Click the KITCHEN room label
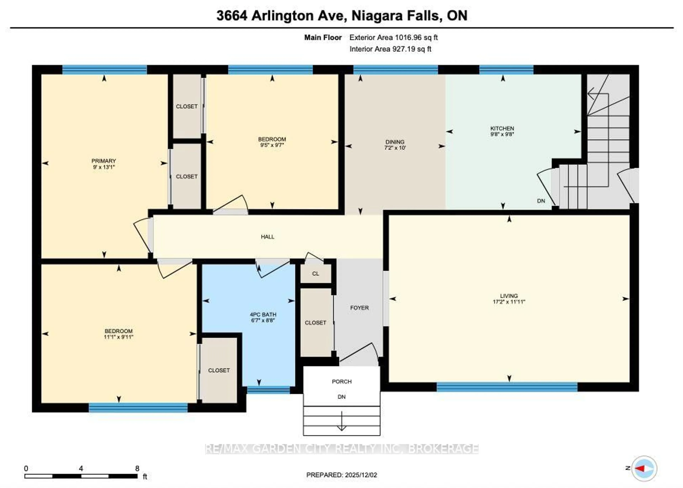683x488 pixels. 502,128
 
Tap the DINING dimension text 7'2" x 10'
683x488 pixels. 395,148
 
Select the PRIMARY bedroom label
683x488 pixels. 104,161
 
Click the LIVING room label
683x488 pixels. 509,296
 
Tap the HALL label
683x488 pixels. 268,237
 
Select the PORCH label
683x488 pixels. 342,381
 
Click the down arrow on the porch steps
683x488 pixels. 342,424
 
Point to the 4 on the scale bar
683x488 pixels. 81,468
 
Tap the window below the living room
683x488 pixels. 507,387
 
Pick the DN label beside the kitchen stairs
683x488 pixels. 541,201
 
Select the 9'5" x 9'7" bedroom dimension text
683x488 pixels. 272,145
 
